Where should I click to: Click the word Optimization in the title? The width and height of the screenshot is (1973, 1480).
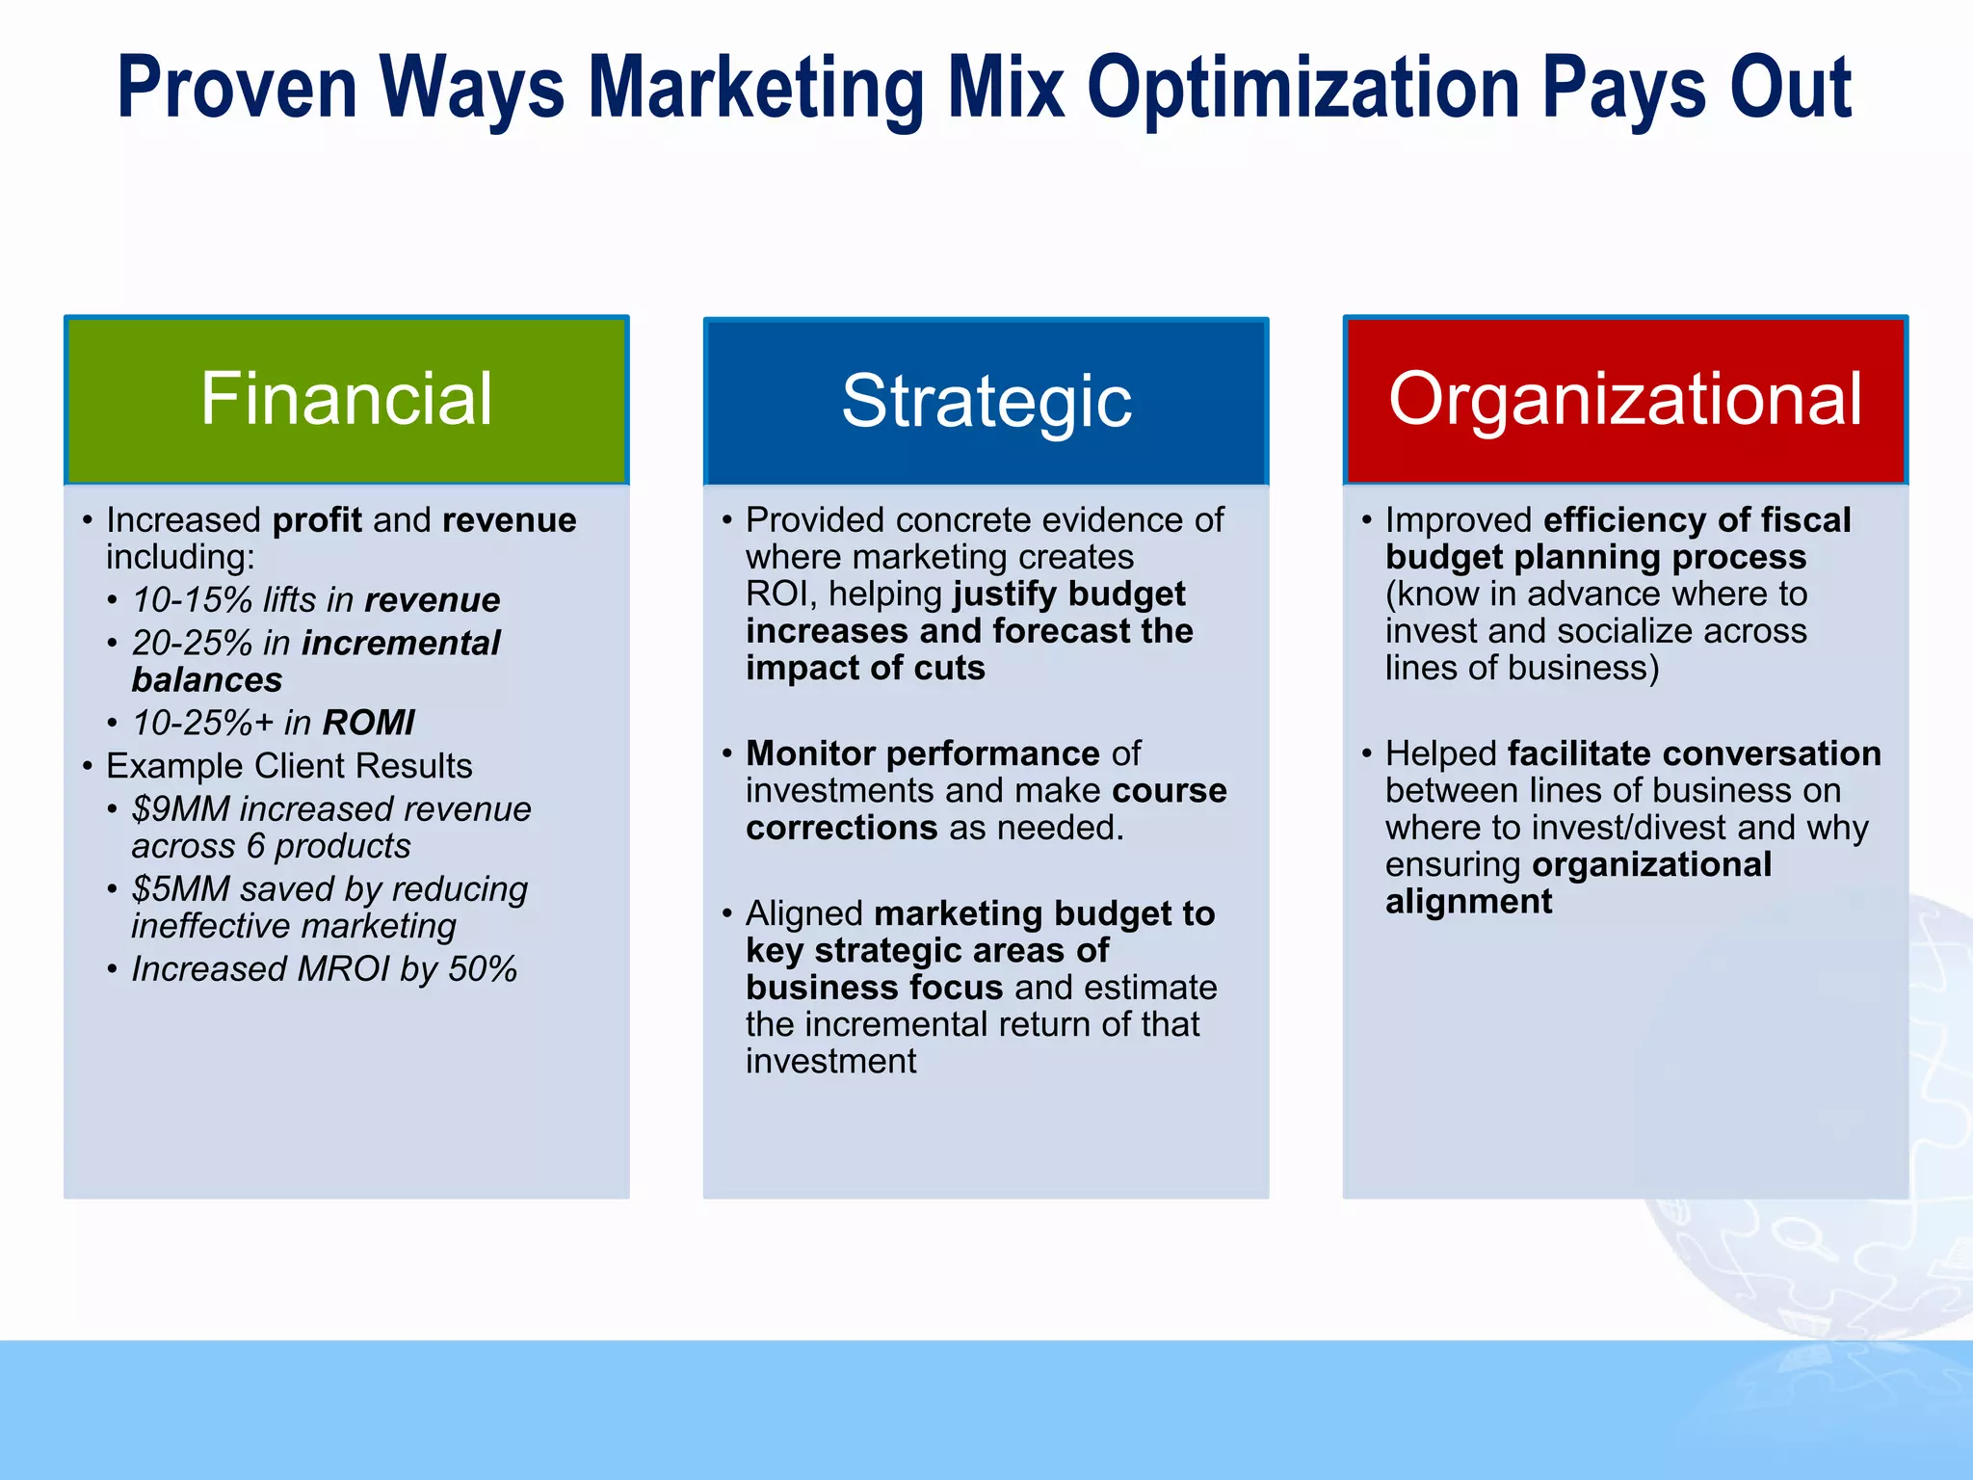pyautogui.click(x=1304, y=89)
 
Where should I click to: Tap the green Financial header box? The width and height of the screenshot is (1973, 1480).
pyautogui.click(x=346, y=399)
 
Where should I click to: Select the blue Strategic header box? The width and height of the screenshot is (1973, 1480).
pyautogui.click(x=986, y=401)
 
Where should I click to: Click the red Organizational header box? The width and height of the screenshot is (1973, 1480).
pyautogui.click(x=1625, y=399)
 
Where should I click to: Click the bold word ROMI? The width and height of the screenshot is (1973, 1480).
pyautogui.click(x=368, y=723)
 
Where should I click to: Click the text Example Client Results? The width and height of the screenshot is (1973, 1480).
pyautogui.click(x=289, y=766)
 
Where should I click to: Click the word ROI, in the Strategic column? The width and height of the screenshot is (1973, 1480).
pyautogui.click(x=781, y=595)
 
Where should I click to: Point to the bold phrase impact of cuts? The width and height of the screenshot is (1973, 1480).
pyautogui.click(x=865, y=669)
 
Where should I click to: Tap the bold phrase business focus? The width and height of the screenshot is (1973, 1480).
pyautogui.click(x=874, y=988)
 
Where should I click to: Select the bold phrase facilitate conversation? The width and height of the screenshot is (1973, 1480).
pyautogui.click(x=1694, y=753)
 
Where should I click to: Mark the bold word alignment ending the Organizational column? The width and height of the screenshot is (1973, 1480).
pyautogui.click(x=1468, y=902)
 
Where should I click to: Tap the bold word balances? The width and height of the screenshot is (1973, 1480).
pyautogui.click(x=207, y=680)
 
